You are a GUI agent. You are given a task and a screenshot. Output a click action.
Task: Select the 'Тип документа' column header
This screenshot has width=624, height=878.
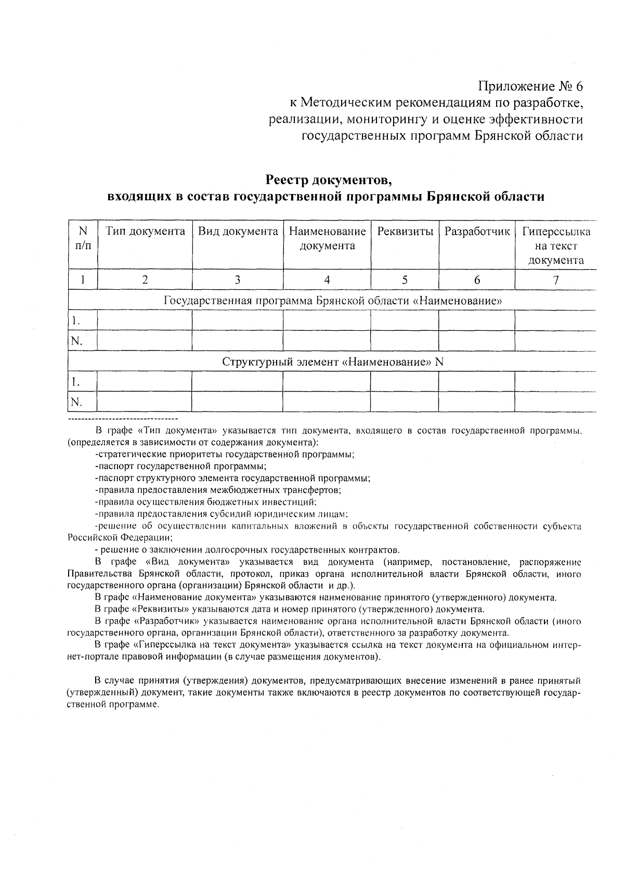click(145, 231)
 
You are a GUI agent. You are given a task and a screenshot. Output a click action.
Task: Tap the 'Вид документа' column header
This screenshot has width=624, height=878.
click(238, 231)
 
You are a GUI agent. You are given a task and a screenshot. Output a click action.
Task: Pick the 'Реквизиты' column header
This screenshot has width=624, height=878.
click(405, 231)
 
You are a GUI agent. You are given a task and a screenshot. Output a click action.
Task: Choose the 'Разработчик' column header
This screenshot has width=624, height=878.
click(477, 231)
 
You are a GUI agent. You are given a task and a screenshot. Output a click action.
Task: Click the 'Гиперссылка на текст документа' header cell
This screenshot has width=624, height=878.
click(555, 246)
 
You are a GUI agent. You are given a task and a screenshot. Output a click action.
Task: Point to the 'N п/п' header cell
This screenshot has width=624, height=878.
click(83, 238)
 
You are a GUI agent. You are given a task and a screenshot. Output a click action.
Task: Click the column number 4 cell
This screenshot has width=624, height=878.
click(327, 280)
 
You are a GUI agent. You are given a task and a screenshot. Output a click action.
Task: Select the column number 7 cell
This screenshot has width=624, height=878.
click(555, 280)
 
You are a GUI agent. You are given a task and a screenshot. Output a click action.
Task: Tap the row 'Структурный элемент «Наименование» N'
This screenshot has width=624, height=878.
click(332, 362)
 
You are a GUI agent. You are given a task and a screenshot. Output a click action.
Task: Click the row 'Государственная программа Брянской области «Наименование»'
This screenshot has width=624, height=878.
click(332, 301)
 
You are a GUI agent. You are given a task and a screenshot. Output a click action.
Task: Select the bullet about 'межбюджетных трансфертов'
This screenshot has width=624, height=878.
click(218, 490)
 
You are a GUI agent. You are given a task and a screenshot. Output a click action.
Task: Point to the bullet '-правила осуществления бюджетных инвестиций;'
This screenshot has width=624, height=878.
click(206, 502)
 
